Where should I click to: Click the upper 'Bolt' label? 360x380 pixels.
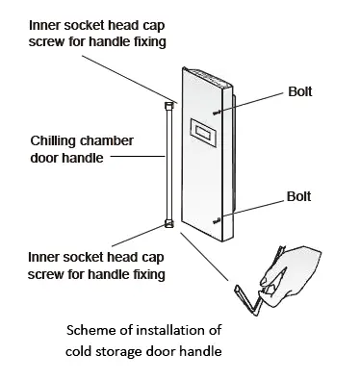pos(300,91)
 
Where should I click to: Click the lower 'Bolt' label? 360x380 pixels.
pos(298,196)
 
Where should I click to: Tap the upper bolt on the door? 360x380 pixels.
pos(217,113)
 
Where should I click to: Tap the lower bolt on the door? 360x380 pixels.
pos(217,220)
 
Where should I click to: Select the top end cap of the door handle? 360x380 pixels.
pos(169,106)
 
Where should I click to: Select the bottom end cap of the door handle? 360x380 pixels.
pos(169,223)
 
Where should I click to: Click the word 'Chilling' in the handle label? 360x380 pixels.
pos(53,141)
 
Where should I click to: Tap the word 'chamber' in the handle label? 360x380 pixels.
pos(106,140)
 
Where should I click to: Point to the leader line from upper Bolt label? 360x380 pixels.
pos(251,103)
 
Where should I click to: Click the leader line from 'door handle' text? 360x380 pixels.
pos(138,157)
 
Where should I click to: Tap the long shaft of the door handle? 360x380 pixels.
pos(169,165)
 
